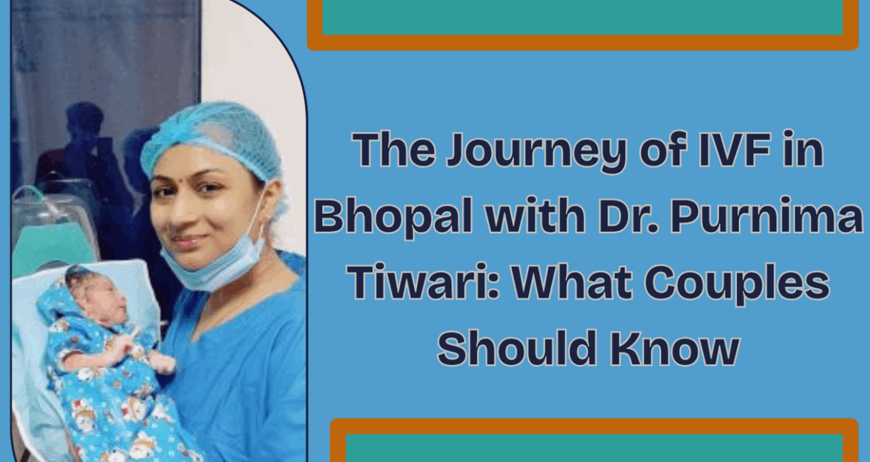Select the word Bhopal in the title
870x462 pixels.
coord(393,216)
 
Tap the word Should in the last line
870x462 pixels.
coord(517,347)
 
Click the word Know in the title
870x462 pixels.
coord(674,347)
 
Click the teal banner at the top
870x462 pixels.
coord(583,18)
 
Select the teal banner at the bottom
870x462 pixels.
coord(594,448)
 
